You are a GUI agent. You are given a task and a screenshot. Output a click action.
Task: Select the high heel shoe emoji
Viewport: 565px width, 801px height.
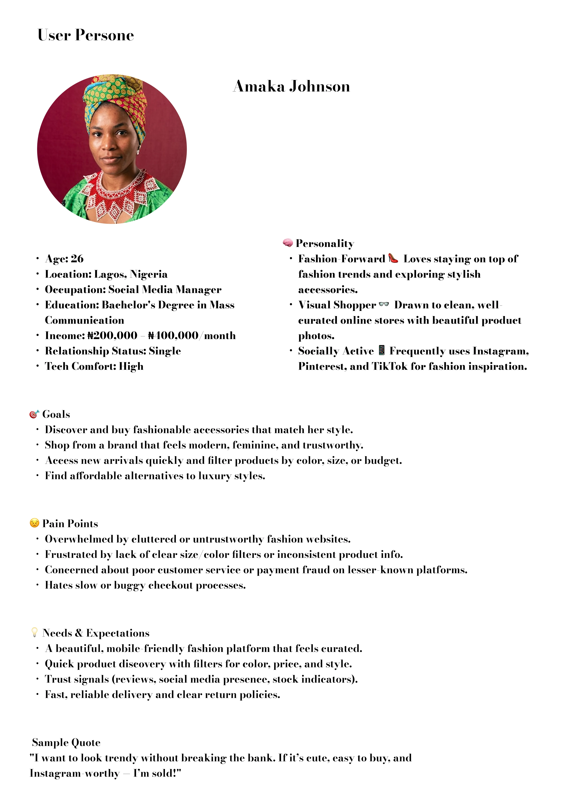[x=393, y=258]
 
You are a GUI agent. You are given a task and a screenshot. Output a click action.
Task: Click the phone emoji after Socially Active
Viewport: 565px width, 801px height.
[x=382, y=350]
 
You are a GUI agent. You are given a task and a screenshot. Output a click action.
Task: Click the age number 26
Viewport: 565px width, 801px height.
[x=77, y=259]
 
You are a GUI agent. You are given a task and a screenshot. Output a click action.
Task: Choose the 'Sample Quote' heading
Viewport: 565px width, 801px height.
[x=66, y=742]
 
